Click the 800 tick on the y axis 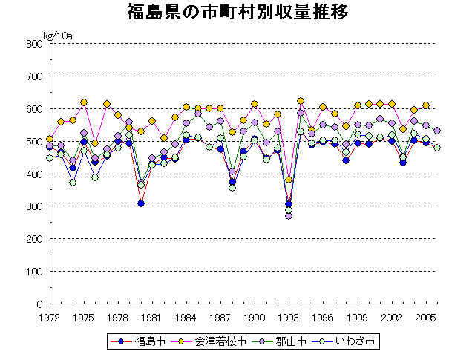coord(34,44)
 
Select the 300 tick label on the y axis coord(34,206)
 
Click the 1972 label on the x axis coord(50,316)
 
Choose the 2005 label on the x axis coord(425,316)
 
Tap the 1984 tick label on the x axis coord(186,316)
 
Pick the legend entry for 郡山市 coord(286,342)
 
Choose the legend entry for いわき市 coord(347,342)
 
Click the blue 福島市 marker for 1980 coord(141,203)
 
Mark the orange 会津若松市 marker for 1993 coord(289,180)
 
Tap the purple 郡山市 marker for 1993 coord(289,216)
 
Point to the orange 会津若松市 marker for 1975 coord(84,102)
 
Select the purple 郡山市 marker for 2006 coord(437,131)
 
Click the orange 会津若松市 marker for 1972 coord(50,139)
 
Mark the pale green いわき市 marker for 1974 coord(73,182)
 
